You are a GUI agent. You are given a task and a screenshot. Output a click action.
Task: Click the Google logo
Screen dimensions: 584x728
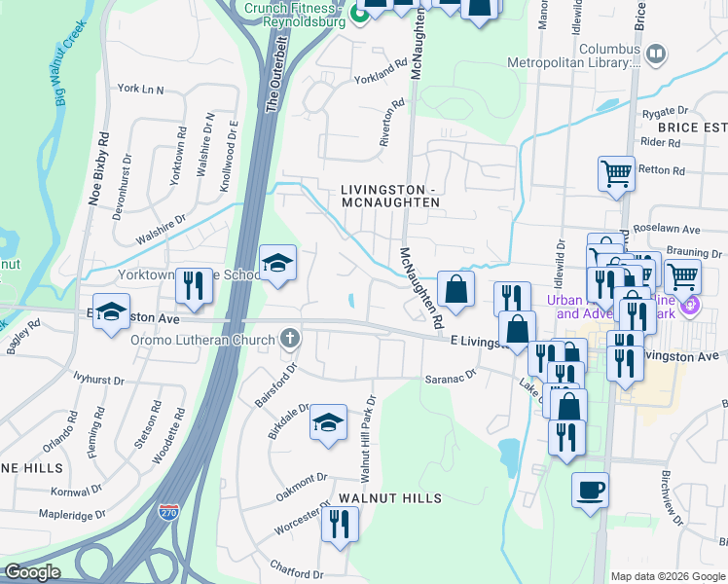click(32, 572)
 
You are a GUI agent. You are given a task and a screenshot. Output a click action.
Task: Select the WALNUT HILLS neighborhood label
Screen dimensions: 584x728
click(390, 497)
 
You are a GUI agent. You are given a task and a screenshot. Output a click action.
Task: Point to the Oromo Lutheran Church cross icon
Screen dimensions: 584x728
click(288, 339)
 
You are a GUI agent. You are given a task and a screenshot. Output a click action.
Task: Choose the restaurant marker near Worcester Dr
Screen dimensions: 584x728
click(340, 525)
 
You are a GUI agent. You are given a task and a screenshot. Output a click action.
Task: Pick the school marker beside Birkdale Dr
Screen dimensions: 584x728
click(328, 422)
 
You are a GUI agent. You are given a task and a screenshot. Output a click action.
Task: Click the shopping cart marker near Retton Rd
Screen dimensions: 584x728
click(616, 174)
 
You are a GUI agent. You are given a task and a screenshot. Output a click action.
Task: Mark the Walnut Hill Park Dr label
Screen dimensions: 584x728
click(368, 438)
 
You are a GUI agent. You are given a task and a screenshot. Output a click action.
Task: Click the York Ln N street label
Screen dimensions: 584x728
click(140, 89)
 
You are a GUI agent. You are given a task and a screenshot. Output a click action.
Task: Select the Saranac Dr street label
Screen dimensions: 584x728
click(449, 375)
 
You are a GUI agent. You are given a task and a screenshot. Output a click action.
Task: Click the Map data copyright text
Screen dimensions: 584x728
click(667, 575)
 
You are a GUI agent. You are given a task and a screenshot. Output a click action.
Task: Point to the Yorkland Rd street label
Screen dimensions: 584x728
click(380, 71)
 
